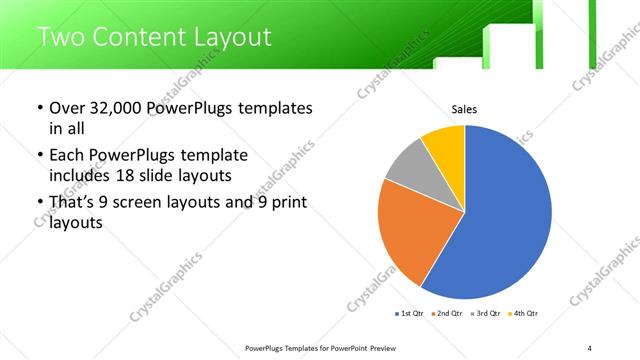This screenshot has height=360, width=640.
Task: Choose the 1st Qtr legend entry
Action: (x=410, y=314)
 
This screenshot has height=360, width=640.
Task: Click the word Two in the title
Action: (x=63, y=37)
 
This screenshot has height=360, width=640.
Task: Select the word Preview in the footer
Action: (x=385, y=347)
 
